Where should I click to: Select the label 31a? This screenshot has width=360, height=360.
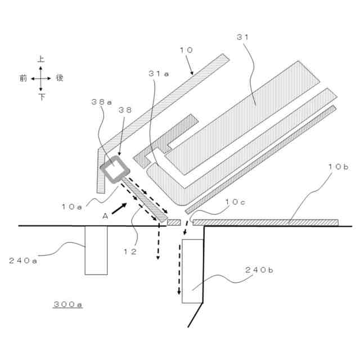159,74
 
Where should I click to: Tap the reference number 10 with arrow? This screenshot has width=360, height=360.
186,50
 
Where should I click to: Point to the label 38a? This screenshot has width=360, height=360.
101,103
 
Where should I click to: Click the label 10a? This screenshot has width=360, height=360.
73,206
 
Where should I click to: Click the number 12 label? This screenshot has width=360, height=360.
130,252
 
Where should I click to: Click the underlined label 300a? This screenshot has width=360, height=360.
68,304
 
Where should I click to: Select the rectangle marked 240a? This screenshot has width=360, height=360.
96,250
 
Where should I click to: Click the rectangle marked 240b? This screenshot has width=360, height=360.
192,271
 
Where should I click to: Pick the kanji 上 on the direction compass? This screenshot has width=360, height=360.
41,59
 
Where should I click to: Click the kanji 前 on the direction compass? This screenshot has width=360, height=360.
23,78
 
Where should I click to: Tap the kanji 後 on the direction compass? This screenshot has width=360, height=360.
59,78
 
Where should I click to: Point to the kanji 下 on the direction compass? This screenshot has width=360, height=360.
41,97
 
